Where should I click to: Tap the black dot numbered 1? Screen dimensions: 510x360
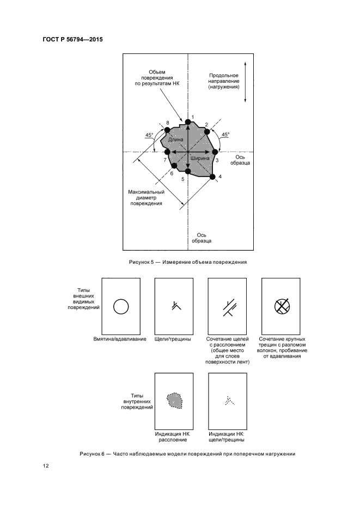188,121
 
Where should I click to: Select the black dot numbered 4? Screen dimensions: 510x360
212,176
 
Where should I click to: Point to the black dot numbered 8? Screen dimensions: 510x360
168,130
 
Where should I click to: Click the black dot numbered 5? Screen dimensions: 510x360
188,172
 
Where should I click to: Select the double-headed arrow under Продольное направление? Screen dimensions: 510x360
246,82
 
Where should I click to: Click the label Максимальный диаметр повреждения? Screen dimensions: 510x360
146,198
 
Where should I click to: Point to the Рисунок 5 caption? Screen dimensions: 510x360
187,262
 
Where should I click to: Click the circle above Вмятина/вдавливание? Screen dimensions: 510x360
120,307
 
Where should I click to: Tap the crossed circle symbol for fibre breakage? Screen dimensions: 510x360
281,307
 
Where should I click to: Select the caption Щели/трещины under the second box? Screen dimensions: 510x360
174,339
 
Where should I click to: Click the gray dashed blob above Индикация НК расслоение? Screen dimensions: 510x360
174,401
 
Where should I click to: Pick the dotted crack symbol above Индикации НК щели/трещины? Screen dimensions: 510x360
228,401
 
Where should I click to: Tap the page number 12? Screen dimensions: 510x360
46,466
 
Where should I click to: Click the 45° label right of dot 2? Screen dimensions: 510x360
225,134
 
